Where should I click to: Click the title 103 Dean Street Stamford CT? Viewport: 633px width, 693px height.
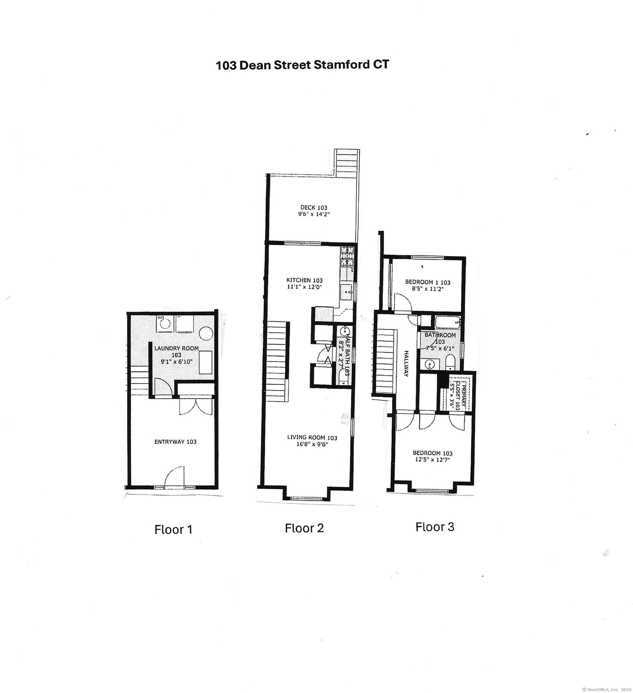point(302,65)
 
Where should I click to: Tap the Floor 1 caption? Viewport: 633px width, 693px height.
point(173,529)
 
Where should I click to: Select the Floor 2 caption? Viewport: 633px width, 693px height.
point(304,528)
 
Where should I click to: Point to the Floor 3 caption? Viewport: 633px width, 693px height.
point(435,527)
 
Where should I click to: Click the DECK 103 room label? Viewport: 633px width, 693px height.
point(313,208)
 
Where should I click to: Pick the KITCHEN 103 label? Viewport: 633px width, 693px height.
point(304,280)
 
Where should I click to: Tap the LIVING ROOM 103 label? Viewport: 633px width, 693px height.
point(312,437)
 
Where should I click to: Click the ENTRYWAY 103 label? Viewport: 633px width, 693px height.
point(175,442)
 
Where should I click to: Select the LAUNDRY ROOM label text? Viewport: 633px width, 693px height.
point(176,348)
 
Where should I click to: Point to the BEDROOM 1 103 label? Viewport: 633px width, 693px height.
point(428,282)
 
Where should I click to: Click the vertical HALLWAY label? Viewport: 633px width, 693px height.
point(406,364)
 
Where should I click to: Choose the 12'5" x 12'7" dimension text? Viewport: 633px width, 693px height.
point(433,460)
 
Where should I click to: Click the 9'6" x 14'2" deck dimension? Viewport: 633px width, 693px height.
point(314,214)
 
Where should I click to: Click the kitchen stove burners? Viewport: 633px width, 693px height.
point(347,256)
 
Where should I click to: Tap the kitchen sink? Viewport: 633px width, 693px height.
point(346,292)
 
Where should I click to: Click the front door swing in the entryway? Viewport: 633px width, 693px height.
point(175,477)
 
